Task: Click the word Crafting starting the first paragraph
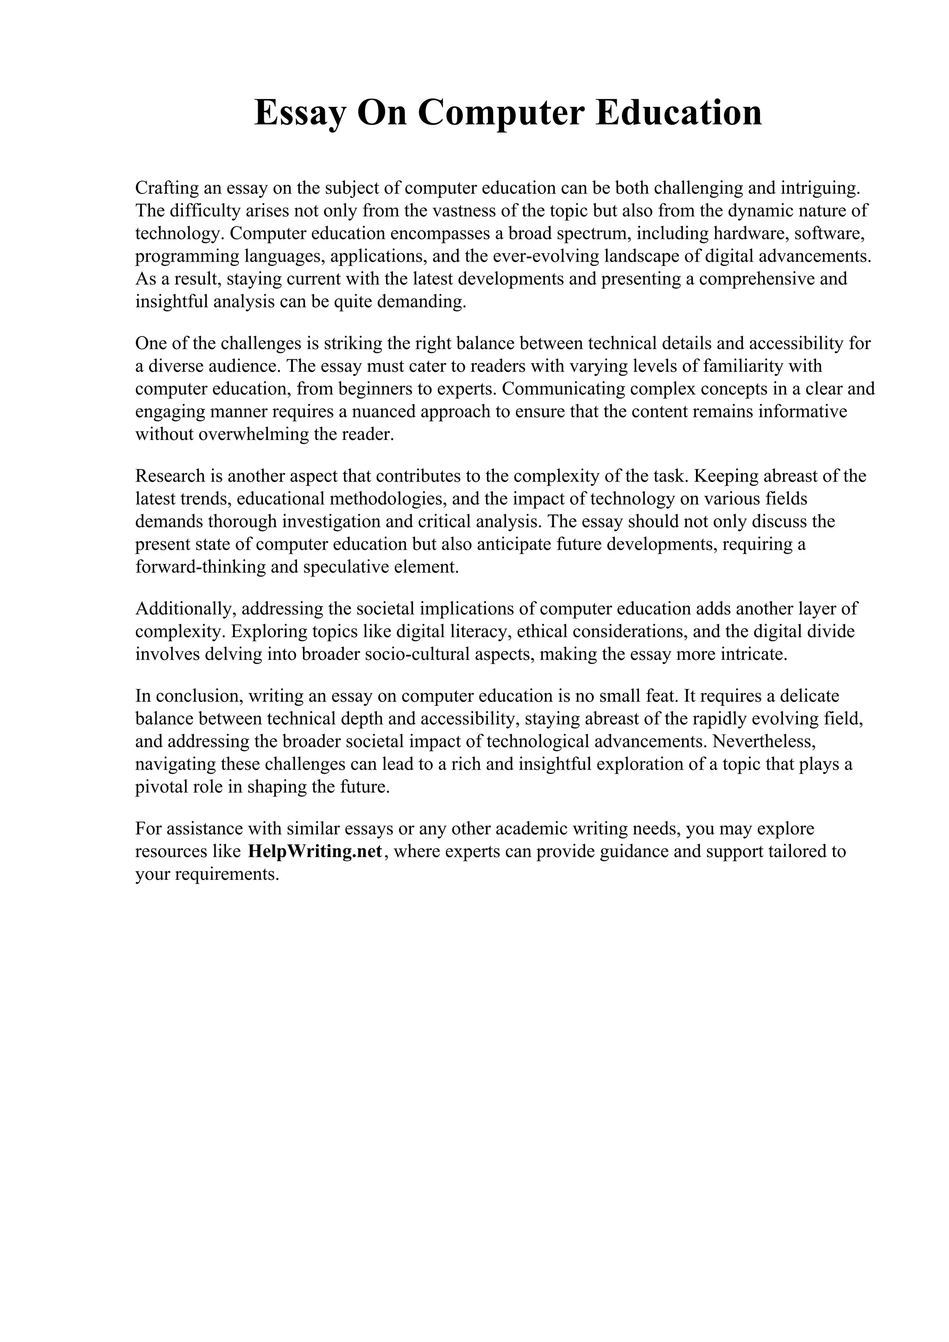[x=166, y=188]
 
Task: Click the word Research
[x=170, y=476]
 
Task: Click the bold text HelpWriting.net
[x=315, y=851]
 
